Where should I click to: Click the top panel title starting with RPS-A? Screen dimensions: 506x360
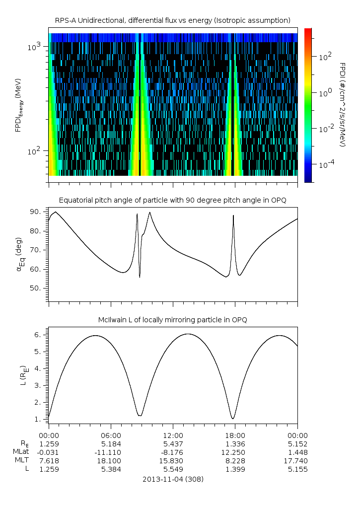172,20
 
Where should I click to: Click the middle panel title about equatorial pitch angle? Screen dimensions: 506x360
172,200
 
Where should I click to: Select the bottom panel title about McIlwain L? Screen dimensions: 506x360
172,320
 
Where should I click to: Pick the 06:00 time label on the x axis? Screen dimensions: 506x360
110,435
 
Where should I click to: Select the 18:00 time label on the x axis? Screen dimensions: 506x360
235,435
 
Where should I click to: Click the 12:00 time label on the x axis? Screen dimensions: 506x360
173,435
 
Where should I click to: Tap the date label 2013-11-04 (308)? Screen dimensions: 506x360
173,479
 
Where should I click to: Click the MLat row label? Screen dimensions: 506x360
22,452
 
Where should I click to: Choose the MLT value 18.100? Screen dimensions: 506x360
110,461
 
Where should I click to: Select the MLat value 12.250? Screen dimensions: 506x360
235,452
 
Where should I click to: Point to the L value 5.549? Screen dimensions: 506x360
173,469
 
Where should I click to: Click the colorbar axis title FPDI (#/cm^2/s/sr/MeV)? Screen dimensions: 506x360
342,104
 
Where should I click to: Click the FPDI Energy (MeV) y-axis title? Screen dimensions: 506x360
18,105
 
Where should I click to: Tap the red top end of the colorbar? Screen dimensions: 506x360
308,31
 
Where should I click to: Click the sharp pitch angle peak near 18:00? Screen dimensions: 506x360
233,216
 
